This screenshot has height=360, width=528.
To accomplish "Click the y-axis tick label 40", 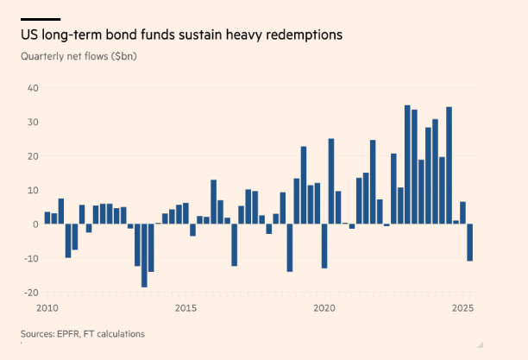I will [x=33, y=88].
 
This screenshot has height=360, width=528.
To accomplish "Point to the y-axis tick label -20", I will [x=30, y=292].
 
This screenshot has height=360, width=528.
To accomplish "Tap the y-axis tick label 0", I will [x=35, y=224].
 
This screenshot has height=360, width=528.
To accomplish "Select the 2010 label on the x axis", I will [x=47, y=308].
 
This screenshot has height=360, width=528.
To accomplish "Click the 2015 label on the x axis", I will [x=185, y=308].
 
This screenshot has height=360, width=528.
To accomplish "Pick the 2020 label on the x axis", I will [x=324, y=308].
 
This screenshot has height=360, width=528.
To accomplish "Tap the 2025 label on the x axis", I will [x=463, y=308].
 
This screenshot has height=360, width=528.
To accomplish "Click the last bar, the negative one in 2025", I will [x=470, y=243].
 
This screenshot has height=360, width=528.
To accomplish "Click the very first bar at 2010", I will [x=47, y=218].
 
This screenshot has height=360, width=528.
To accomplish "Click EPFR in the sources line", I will [x=71, y=333].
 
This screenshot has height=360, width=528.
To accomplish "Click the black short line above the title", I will [x=41, y=19].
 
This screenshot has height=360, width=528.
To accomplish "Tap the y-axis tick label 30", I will [x=33, y=122].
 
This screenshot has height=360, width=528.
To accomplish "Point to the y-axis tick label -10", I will [x=30, y=258].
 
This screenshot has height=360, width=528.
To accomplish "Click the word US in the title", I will [x=29, y=35].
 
